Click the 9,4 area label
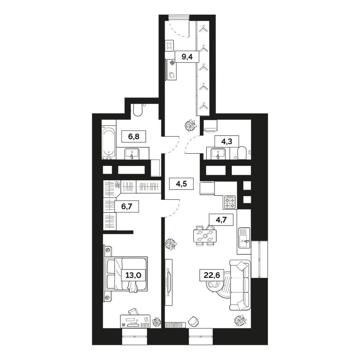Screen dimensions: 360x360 187,57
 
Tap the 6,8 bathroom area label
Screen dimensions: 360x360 134,137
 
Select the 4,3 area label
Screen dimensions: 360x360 226,141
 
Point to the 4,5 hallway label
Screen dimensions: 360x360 181,184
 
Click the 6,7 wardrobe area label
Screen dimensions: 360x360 127,207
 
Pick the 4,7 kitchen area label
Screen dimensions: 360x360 221,220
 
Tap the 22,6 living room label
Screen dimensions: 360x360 211,275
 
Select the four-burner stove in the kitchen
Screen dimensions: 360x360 230,202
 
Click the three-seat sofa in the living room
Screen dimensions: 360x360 240,285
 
